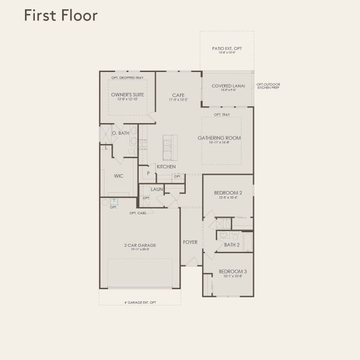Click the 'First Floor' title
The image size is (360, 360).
click(60, 15)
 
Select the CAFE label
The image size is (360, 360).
click(178, 95)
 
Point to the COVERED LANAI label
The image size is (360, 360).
click(227, 86)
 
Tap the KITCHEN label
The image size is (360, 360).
click(166, 166)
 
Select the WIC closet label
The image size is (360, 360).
click(119, 176)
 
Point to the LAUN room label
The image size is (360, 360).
click(157, 189)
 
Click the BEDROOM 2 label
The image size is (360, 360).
click(227, 193)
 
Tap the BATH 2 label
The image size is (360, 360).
click(232, 245)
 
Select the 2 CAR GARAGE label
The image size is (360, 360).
click(139, 245)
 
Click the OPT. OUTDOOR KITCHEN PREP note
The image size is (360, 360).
click(268, 86)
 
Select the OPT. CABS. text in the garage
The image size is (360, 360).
click(138, 213)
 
